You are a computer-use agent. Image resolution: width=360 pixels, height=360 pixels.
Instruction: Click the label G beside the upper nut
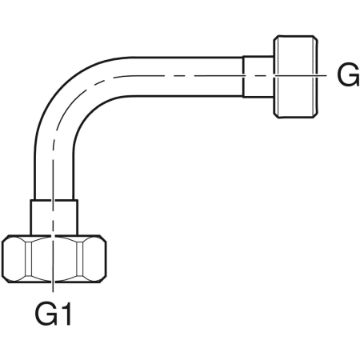348,75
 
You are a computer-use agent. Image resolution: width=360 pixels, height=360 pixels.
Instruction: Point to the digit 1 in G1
66,314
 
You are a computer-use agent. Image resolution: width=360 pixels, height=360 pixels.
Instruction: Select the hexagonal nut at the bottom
54,258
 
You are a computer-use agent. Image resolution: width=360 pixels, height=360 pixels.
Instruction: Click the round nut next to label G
296,77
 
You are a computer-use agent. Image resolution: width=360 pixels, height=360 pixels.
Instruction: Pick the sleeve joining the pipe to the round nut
258,77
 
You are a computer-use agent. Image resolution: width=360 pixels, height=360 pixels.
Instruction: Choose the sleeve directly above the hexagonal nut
54,218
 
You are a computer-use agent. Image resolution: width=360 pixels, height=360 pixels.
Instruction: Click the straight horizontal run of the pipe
186,77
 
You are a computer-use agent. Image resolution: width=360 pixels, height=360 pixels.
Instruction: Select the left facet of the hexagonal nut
15,258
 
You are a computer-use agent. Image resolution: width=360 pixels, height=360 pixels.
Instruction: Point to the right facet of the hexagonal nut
92,258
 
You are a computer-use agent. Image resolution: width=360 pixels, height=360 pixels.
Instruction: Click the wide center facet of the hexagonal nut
54,258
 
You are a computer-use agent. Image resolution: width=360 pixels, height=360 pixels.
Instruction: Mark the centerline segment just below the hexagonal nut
53,287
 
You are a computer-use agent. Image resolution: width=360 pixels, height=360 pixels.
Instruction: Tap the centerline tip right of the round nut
326,76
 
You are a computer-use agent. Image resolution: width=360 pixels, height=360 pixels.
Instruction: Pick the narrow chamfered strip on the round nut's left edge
276,77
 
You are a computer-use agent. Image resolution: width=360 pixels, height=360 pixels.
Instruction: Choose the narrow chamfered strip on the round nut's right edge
315,77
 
